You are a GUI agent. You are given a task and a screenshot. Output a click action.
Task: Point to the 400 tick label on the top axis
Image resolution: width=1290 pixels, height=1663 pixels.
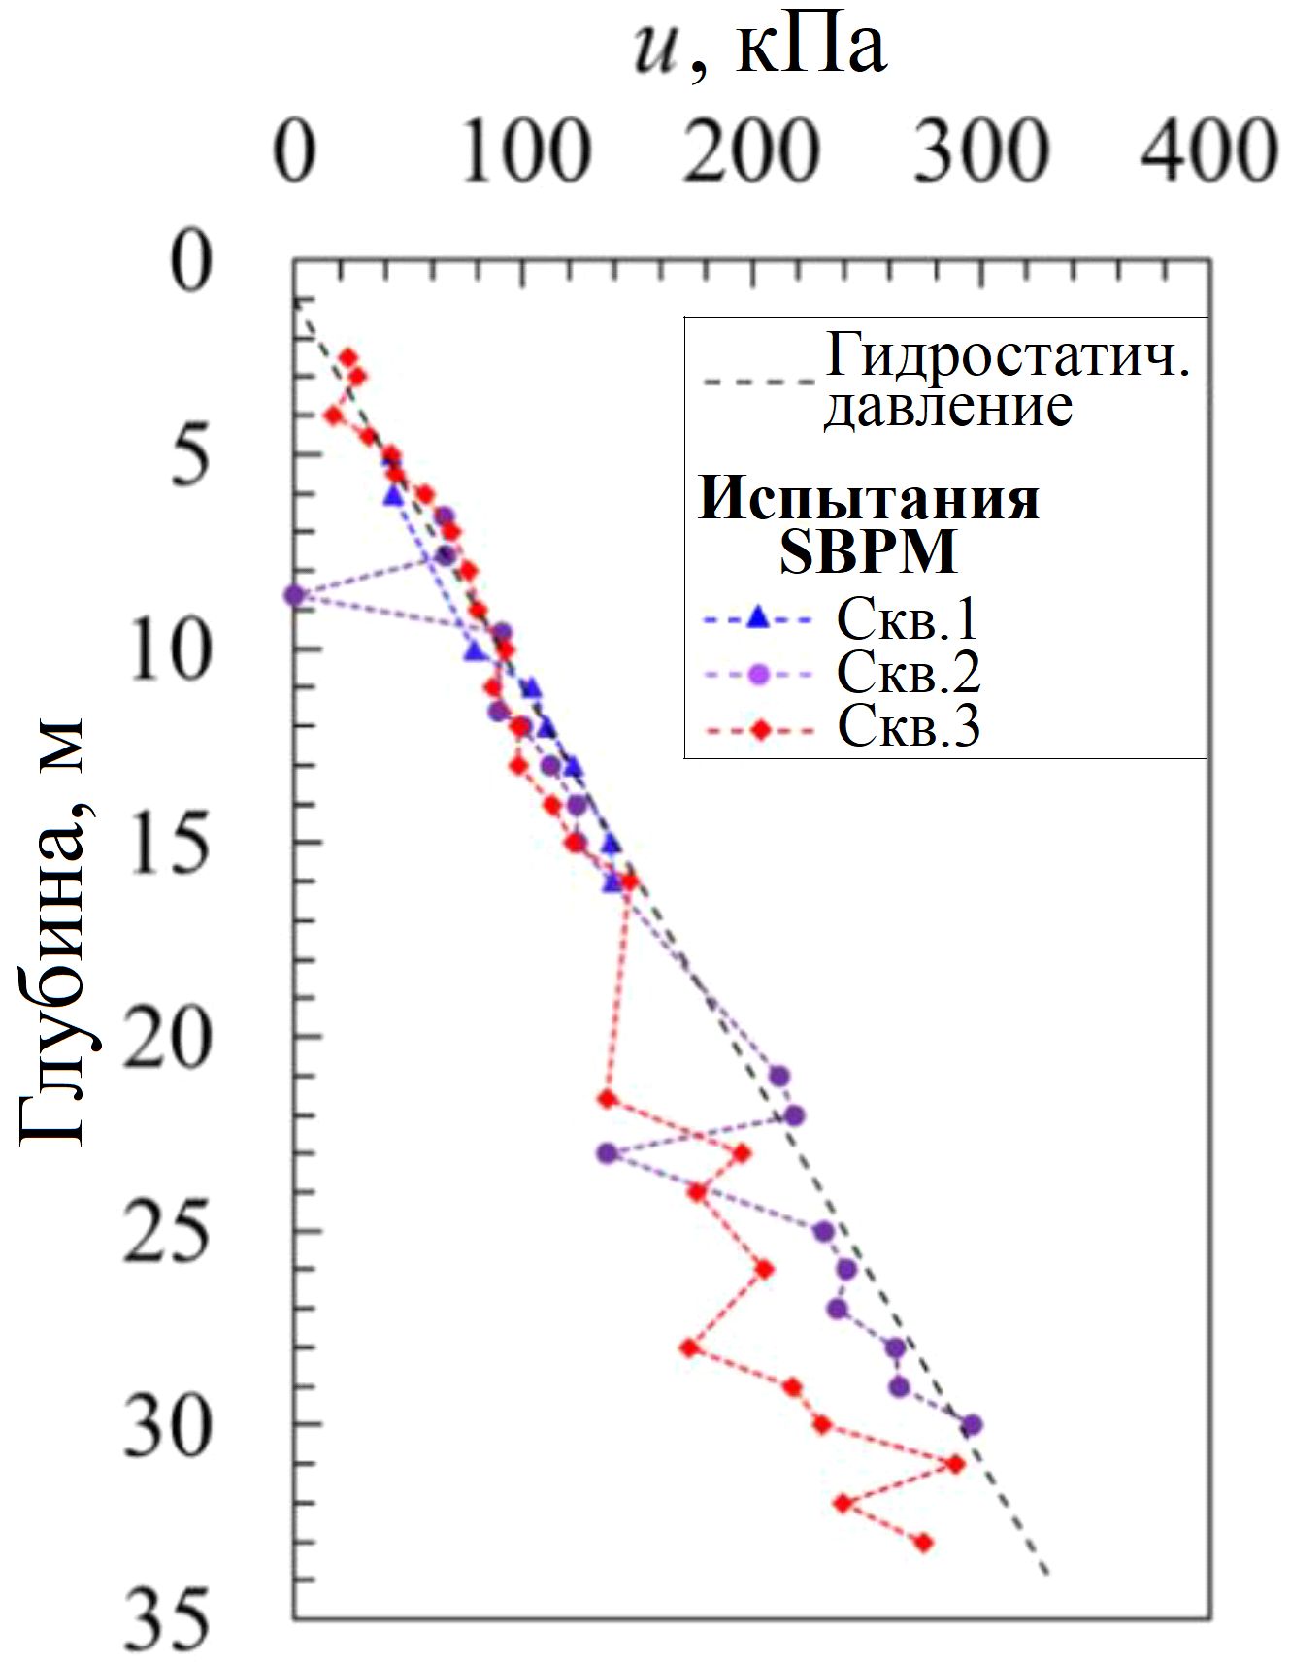pyautogui.click(x=1207, y=152)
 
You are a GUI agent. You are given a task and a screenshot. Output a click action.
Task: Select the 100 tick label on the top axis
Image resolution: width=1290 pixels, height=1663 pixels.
pyautogui.click(x=524, y=152)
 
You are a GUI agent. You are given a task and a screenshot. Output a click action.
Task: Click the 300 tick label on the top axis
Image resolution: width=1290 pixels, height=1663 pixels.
pyautogui.click(x=981, y=152)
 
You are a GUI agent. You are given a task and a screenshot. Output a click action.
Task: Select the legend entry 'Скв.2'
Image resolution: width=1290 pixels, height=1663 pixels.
pyautogui.click(x=908, y=672)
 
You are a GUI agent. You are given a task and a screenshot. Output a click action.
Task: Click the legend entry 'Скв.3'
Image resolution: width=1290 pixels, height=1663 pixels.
pyautogui.click(x=908, y=726)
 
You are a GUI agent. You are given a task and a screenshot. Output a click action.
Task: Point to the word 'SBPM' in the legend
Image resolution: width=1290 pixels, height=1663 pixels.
pyautogui.click(x=869, y=552)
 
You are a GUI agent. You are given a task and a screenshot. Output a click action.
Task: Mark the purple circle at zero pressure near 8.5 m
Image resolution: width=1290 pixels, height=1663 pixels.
pyautogui.click(x=294, y=595)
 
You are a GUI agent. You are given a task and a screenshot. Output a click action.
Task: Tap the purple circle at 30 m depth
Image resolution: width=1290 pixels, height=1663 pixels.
pyautogui.click(x=971, y=1425)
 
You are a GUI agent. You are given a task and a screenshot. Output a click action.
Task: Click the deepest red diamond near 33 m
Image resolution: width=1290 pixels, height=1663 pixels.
pyautogui.click(x=923, y=1542)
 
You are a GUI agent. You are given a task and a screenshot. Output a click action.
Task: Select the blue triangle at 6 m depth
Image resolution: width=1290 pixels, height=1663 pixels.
pyautogui.click(x=393, y=495)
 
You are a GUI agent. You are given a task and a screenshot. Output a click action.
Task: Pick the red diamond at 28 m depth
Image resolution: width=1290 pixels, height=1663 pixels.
pyautogui.click(x=689, y=1347)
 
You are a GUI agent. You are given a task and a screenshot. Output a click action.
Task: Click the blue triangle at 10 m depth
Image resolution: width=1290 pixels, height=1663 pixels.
pyautogui.click(x=475, y=651)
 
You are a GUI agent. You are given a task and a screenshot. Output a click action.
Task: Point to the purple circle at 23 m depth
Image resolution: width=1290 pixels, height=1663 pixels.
pyautogui.click(x=608, y=1153)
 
